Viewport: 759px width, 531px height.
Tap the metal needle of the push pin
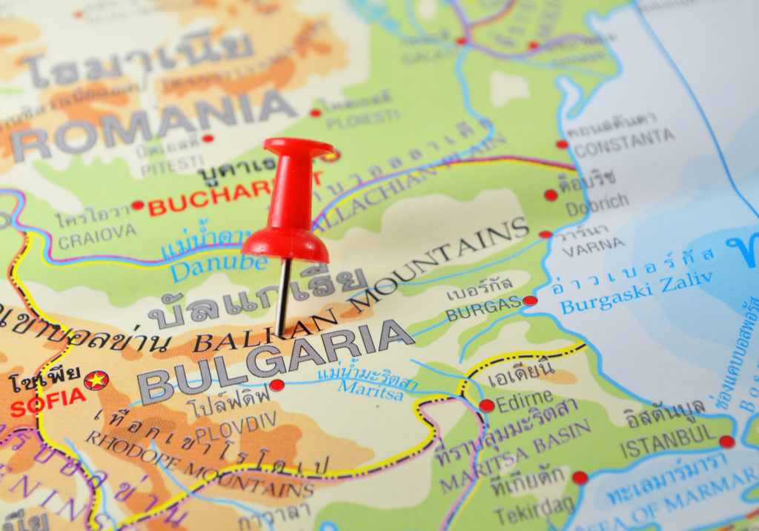282,297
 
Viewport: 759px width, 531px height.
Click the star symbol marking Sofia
96,380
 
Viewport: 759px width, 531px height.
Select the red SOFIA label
47,402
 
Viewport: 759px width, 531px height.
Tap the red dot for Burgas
529,300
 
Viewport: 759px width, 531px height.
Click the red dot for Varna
546,234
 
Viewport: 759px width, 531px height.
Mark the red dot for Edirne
486,405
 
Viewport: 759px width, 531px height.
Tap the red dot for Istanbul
727,442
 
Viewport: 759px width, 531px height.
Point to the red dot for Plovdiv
276,385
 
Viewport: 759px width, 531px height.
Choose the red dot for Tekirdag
580,478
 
